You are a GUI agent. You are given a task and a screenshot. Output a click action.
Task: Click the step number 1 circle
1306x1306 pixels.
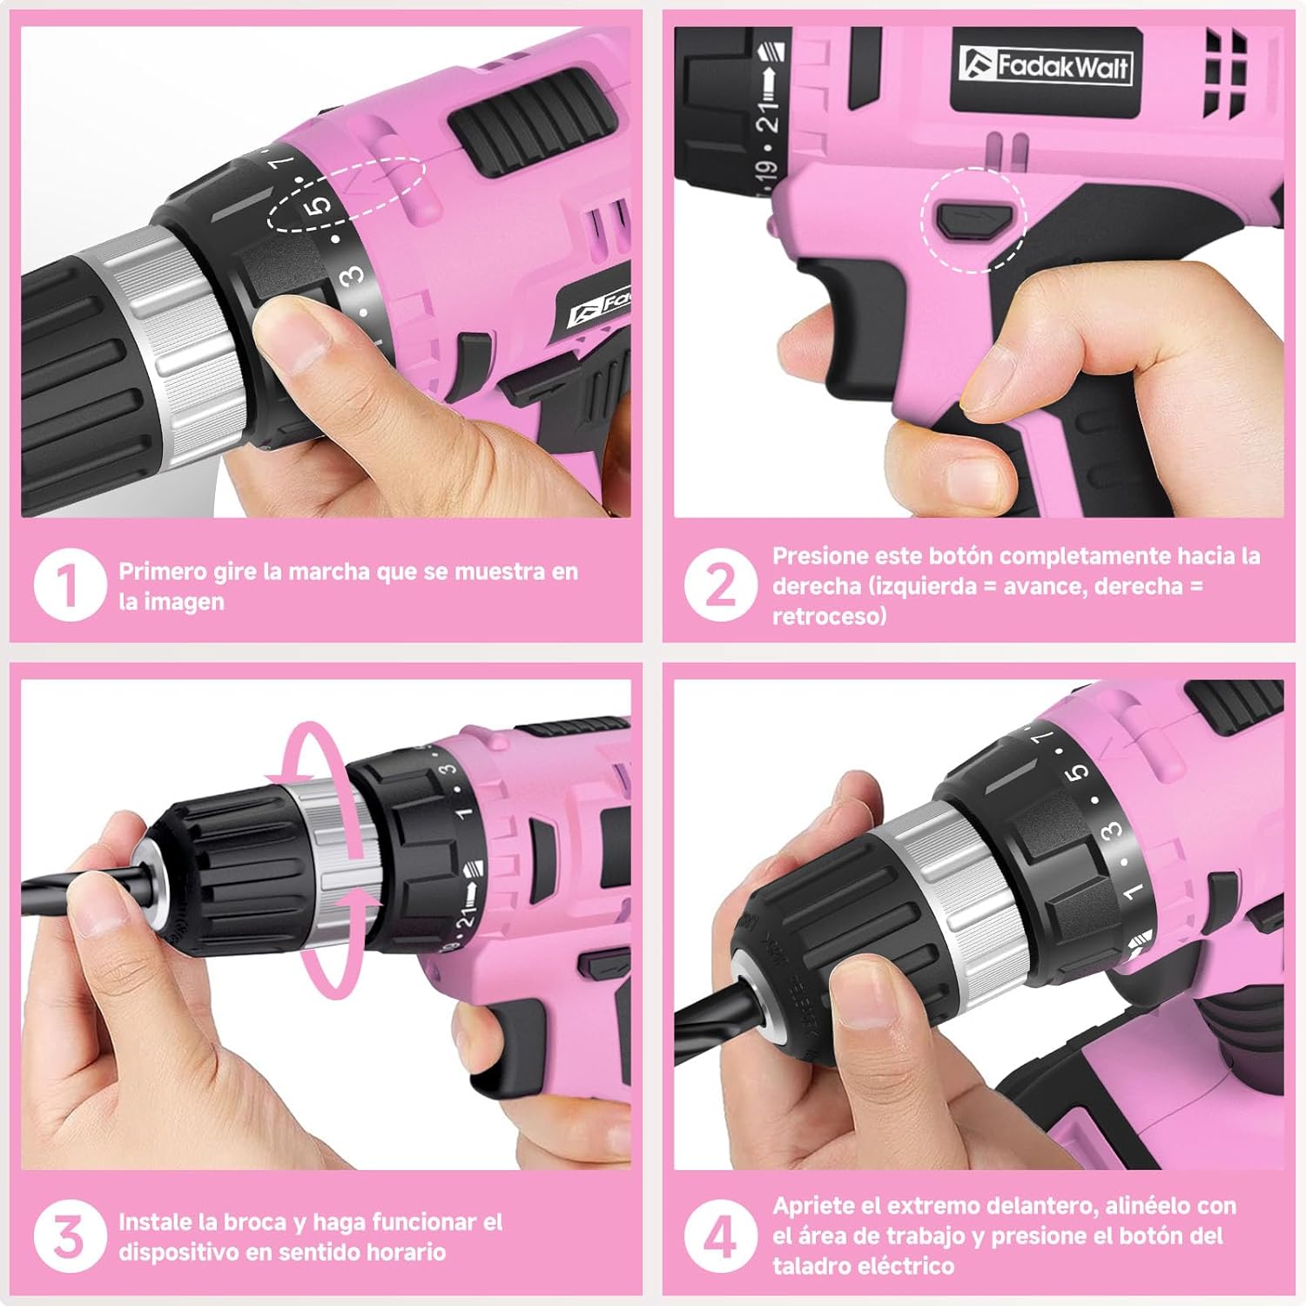pyautogui.click(x=70, y=585)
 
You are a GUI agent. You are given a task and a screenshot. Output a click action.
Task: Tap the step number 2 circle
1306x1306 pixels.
pyautogui.click(x=720, y=585)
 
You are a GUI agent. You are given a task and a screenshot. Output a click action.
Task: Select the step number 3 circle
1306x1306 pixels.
pyautogui.click(x=70, y=1236)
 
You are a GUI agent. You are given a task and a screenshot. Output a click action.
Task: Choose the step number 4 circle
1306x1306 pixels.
pyautogui.click(x=720, y=1236)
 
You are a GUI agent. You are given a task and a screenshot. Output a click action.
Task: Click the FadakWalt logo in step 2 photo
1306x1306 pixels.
pyautogui.click(x=1046, y=66)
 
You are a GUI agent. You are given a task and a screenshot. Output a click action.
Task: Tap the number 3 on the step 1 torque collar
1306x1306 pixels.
pyautogui.click(x=352, y=276)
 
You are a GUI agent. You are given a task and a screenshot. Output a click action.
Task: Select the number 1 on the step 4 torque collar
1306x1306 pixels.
pyautogui.click(x=1131, y=891)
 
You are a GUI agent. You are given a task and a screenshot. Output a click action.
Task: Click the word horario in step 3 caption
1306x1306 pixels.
pyautogui.click(x=406, y=1252)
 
